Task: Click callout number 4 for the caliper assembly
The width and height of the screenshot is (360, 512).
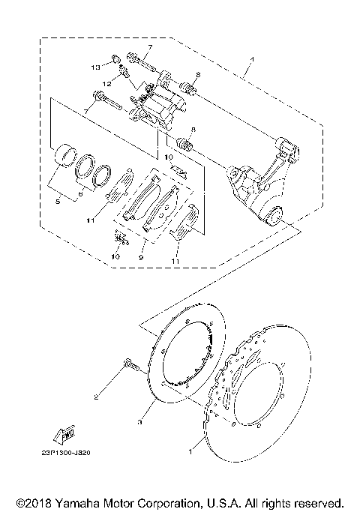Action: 252,60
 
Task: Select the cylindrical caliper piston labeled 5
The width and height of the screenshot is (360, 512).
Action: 67,157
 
